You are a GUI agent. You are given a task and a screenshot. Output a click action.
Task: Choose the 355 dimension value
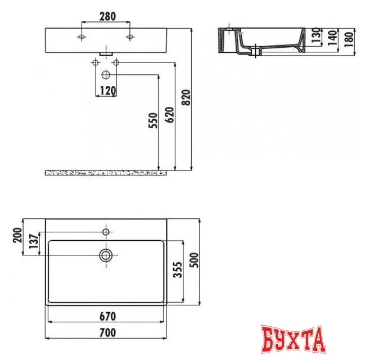click(177, 272)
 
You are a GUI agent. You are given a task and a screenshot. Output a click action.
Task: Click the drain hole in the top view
click(106, 256)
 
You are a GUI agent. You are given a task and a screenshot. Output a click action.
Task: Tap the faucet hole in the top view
click(106, 231)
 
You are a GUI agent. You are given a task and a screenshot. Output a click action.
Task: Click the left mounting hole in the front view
click(82, 37)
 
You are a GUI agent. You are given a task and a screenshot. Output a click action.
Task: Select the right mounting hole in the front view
click(130, 37)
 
